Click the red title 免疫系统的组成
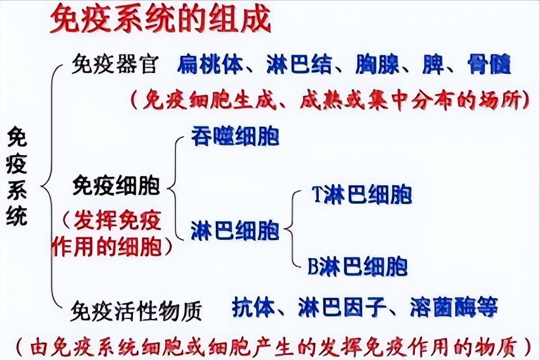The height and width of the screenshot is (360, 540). pyautogui.click(x=160, y=19)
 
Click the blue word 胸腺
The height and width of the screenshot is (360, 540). pyautogui.click(x=377, y=65)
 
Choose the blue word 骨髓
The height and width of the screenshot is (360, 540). pyautogui.click(x=489, y=65)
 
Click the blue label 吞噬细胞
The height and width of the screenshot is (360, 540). pyautogui.click(x=235, y=136)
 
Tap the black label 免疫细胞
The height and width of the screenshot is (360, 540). pyautogui.click(x=116, y=186)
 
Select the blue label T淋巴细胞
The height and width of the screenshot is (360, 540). pyautogui.click(x=361, y=195)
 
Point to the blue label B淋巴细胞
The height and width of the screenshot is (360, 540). pyautogui.click(x=357, y=266)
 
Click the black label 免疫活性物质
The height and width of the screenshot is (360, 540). pyautogui.click(x=136, y=309)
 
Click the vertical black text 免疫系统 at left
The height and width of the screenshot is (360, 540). pyautogui.click(x=17, y=175)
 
